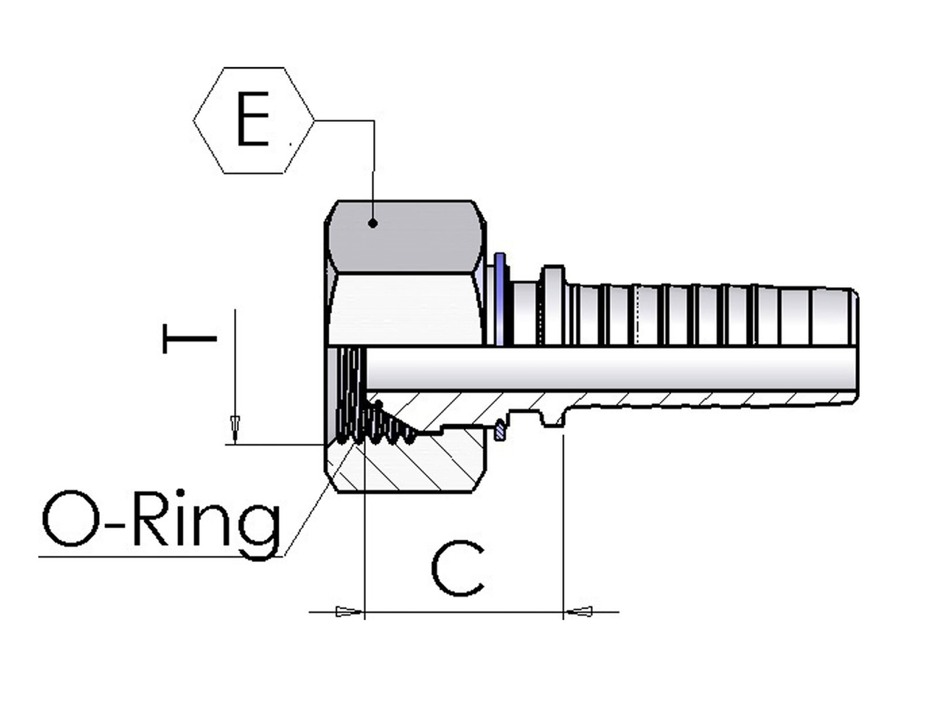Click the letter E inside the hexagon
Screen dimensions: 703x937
252,121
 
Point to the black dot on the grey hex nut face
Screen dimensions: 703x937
373,223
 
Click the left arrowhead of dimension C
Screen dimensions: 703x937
349,612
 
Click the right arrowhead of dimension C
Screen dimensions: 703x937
579,612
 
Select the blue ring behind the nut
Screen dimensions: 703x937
500,299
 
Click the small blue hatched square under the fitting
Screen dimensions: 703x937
500,431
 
